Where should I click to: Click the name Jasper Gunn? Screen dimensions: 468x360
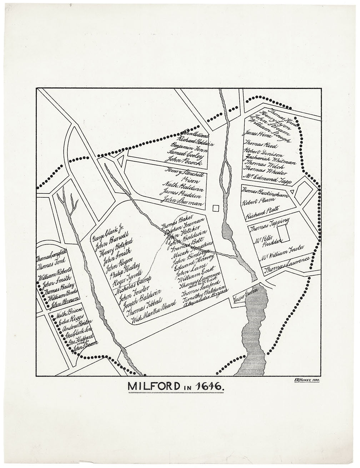[x=243, y=297]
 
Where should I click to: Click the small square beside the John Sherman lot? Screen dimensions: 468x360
[x=216, y=208]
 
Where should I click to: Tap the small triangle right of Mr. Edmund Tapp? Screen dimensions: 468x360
[x=292, y=192]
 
